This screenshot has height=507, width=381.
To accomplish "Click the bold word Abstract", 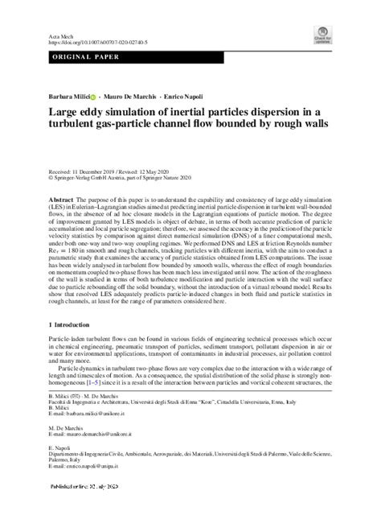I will tap(63, 199).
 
